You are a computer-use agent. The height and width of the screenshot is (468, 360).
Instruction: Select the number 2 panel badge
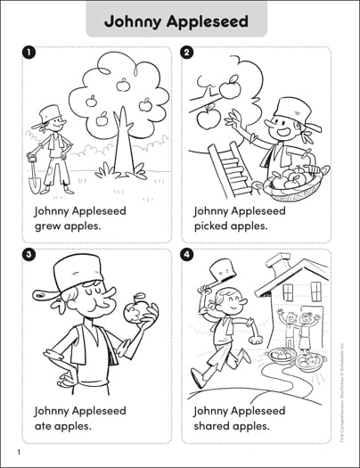187,53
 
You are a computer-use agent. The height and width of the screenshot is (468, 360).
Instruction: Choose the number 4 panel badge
187,255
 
